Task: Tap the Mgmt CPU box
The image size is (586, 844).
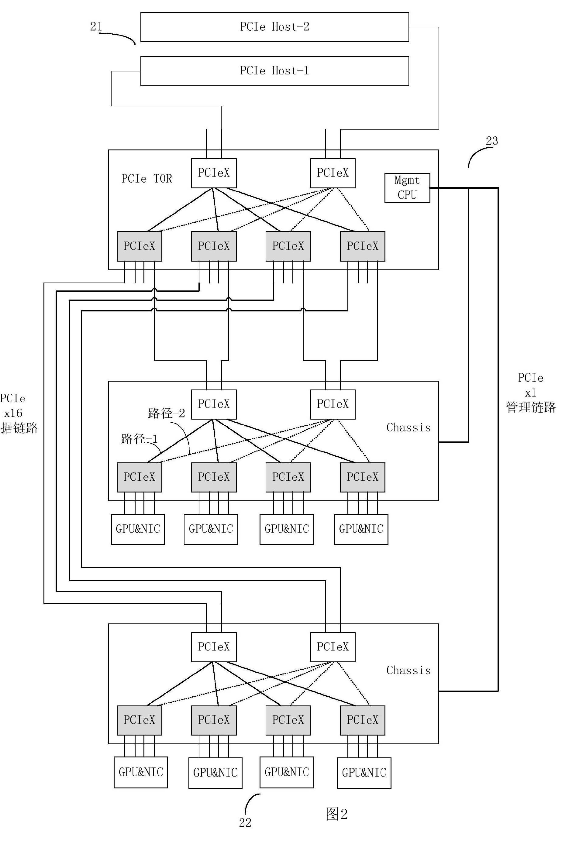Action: (407, 187)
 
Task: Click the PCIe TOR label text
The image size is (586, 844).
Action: (146, 179)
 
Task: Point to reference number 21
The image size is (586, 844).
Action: (96, 26)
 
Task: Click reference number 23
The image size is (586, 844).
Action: (492, 141)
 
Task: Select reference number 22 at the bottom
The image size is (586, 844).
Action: (245, 823)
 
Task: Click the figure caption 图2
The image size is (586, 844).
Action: (336, 814)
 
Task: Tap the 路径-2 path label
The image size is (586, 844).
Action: (166, 413)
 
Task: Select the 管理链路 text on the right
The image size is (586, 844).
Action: (531, 407)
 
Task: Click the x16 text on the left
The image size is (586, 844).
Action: (13, 413)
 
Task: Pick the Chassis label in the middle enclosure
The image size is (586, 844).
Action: (408, 427)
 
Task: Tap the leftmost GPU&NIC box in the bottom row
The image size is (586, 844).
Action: (141, 772)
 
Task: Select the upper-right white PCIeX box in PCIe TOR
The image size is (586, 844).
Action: (333, 173)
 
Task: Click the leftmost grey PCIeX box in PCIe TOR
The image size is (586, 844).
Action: (139, 246)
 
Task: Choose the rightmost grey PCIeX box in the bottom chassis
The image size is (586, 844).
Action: (362, 720)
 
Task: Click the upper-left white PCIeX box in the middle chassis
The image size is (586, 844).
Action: (214, 404)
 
